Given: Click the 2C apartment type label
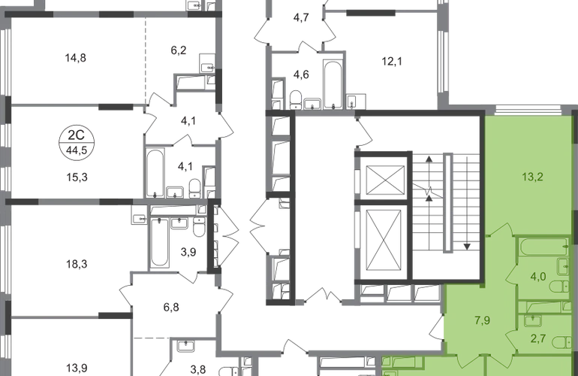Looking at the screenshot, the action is click(77, 135).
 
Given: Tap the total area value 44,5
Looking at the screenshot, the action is click(77, 150).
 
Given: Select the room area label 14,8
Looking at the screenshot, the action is click(76, 58).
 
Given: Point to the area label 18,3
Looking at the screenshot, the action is click(77, 264).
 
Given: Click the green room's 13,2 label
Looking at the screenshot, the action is click(532, 177).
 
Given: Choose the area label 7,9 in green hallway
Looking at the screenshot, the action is click(483, 320).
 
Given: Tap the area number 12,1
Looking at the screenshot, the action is click(392, 62).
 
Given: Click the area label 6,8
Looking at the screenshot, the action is click(171, 307).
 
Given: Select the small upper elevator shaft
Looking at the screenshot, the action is click(386, 180).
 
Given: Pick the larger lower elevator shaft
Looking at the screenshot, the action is click(384, 241).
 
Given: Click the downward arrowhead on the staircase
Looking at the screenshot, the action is click(467, 247).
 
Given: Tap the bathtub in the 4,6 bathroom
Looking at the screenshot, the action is click(333, 84).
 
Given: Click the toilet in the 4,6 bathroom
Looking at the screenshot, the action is click(296, 100).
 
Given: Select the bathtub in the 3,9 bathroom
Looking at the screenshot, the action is click(160, 242).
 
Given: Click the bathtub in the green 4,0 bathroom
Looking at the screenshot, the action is click(544, 247).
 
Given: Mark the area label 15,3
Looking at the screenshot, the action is click(77, 177).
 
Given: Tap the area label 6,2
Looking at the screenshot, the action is click(179, 50).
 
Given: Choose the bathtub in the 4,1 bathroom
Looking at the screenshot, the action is click(155, 173).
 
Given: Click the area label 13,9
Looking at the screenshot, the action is click(77, 368).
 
